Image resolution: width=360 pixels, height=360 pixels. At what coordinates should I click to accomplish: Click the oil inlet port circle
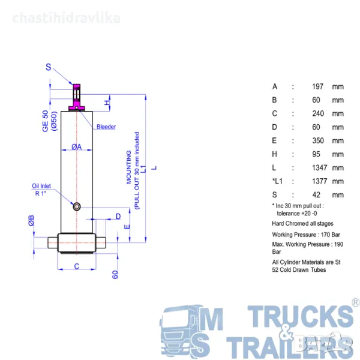[x=77, y=206]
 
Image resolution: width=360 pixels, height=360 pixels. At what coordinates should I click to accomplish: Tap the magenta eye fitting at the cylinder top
[x=77, y=97]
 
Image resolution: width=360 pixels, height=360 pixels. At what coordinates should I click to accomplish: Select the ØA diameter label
[x=76, y=146]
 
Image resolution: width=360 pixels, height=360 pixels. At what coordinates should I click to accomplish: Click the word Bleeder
[x=106, y=127]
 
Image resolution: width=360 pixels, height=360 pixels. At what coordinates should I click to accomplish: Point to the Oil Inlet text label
[x=41, y=186]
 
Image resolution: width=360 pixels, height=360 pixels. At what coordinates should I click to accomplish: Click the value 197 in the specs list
[x=317, y=86]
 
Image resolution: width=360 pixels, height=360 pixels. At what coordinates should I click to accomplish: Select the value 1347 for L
[x=319, y=168]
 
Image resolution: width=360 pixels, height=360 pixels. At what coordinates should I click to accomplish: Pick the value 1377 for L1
[x=319, y=181]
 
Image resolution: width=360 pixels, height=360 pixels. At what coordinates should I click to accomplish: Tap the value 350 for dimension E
[x=318, y=140]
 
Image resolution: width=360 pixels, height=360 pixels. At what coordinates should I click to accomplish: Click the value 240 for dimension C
[x=318, y=113]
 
